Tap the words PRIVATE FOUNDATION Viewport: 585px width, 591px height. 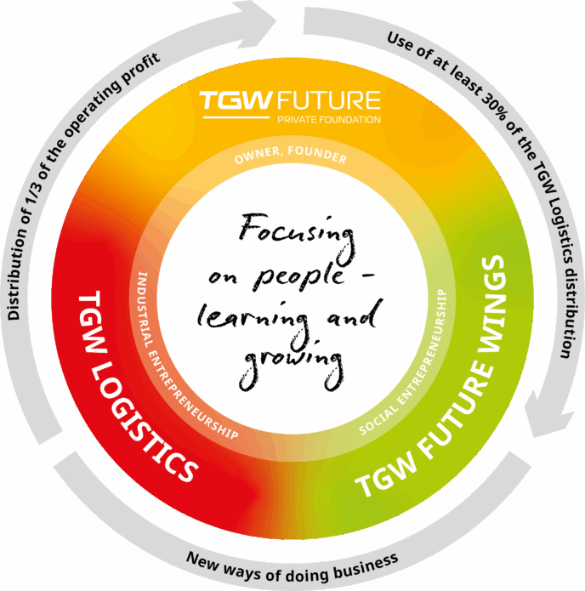[329, 120]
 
